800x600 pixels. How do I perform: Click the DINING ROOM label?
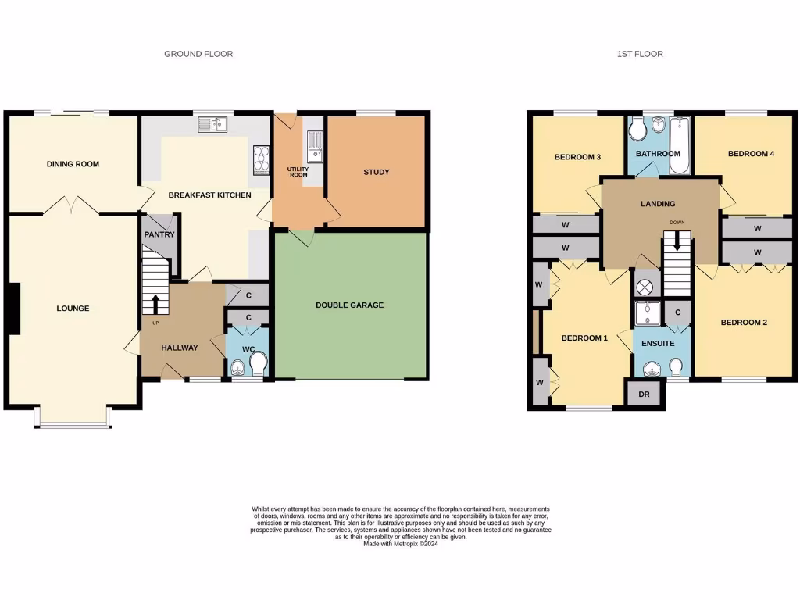(73, 164)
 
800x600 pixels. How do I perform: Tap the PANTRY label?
(159, 234)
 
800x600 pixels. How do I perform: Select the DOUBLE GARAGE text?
(350, 305)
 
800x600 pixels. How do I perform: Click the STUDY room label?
(376, 172)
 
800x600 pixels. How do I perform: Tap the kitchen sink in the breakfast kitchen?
(212, 123)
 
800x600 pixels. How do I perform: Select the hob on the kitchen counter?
(261, 160)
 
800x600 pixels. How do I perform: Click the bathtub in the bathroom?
(680, 144)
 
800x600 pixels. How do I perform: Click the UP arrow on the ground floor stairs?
(155, 302)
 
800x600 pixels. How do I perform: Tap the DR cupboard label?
(644, 395)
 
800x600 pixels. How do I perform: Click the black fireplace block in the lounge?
(13, 308)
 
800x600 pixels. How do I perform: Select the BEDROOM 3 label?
(577, 157)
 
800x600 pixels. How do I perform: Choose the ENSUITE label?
(658, 343)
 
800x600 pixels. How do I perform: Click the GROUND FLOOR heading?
(198, 54)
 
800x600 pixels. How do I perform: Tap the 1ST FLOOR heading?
(640, 54)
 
